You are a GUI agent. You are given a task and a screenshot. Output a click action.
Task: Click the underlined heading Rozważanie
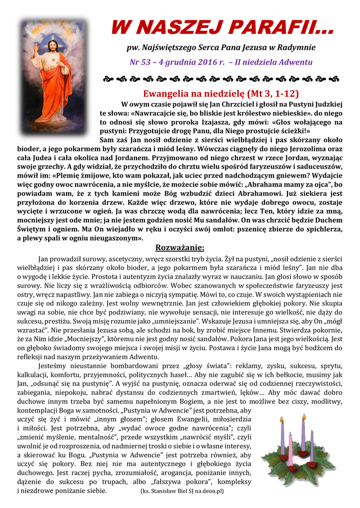click(x=179, y=248)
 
